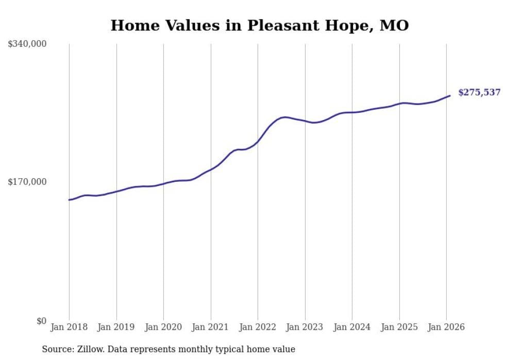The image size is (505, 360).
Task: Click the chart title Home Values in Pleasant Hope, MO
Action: (260, 25)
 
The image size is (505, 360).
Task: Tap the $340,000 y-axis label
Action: (27, 44)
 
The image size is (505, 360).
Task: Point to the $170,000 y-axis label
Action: (27, 182)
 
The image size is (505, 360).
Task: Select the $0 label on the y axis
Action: (41, 321)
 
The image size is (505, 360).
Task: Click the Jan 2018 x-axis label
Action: (69, 327)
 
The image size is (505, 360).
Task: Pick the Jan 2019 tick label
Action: (116, 327)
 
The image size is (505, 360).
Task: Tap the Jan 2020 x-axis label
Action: (163, 327)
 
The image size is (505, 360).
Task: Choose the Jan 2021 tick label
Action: (211, 327)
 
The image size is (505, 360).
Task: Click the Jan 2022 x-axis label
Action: (258, 327)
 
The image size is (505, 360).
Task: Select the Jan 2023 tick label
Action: (305, 327)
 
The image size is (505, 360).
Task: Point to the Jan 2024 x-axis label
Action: (352, 327)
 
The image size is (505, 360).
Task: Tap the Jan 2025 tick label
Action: (399, 327)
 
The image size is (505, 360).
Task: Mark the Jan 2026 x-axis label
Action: (446, 327)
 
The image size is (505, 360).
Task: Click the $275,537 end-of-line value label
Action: (479, 93)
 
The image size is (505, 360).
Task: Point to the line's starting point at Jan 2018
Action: (69, 200)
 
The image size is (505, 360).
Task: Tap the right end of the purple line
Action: (450, 95)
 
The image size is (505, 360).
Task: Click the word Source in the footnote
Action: (56, 349)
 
